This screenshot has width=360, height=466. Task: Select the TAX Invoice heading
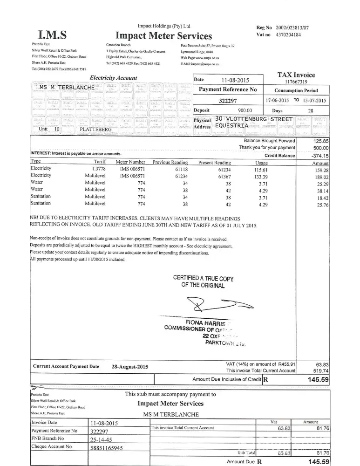(296, 75)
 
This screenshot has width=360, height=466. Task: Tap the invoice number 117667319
(296, 81)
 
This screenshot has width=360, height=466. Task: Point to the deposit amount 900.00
(245, 110)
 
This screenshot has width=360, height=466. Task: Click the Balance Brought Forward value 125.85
(321, 141)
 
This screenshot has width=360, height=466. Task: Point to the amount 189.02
(321, 177)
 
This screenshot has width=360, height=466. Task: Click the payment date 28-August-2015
(130, 366)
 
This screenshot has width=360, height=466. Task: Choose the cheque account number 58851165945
(107, 448)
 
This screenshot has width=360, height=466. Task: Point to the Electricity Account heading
(113, 78)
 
